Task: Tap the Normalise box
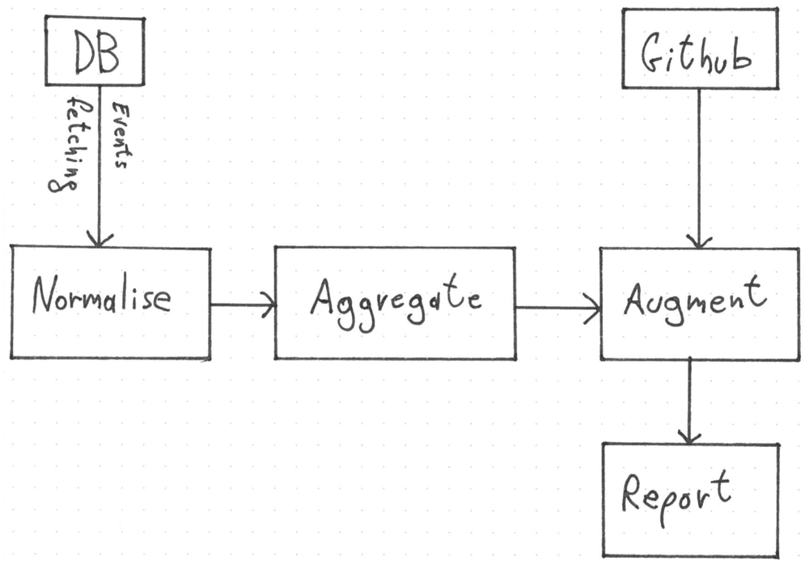111,303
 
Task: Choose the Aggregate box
394,303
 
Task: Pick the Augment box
698,304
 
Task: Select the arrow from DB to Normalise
99,162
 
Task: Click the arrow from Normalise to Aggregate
243,305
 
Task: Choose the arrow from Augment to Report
688,401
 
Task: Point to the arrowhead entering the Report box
688,437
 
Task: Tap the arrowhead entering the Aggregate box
269,305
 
